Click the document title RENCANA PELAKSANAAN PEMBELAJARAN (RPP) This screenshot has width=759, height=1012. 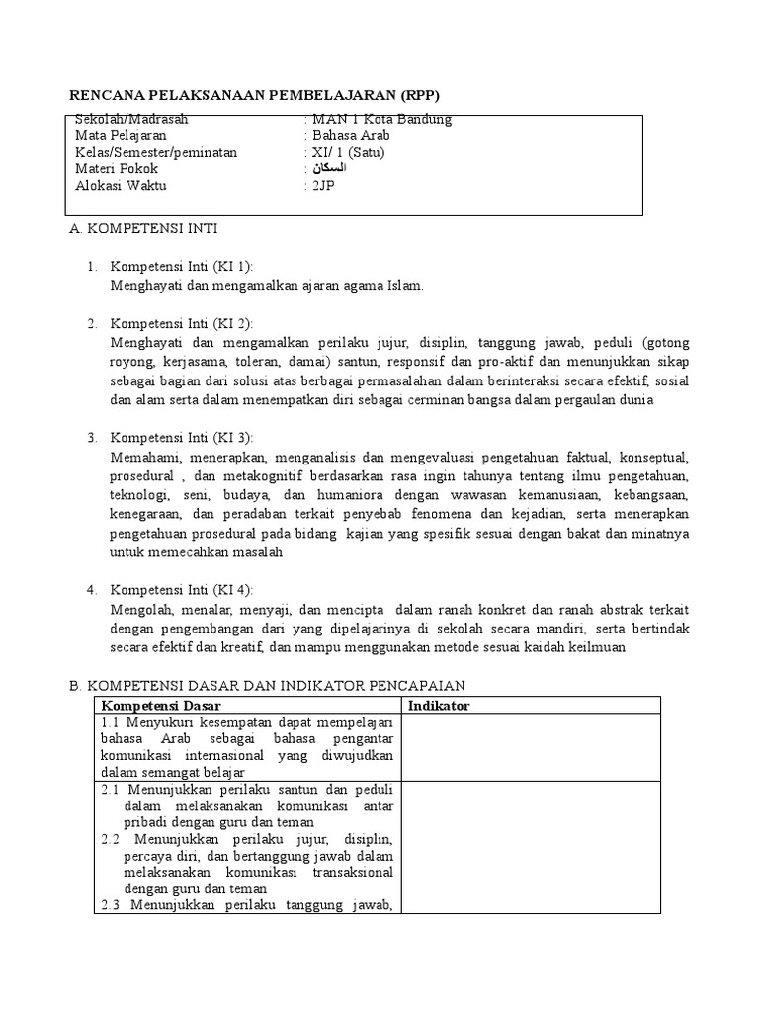coord(252,95)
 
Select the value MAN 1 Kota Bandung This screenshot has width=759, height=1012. coord(381,119)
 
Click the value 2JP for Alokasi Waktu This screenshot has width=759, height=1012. coord(324,186)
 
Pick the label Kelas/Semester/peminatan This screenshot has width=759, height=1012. coord(156,152)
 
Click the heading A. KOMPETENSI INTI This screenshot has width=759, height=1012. coord(142,228)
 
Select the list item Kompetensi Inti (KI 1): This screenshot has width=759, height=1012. coord(182,267)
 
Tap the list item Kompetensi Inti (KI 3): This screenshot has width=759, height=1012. coord(182,438)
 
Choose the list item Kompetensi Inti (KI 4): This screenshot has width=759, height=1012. coord(182,590)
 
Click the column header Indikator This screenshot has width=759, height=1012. coord(439,705)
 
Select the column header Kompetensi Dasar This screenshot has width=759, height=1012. coord(161,705)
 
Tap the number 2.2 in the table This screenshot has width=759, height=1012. coord(111,839)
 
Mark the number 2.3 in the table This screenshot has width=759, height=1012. coord(111,905)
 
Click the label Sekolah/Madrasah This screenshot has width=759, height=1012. coord(131,119)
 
